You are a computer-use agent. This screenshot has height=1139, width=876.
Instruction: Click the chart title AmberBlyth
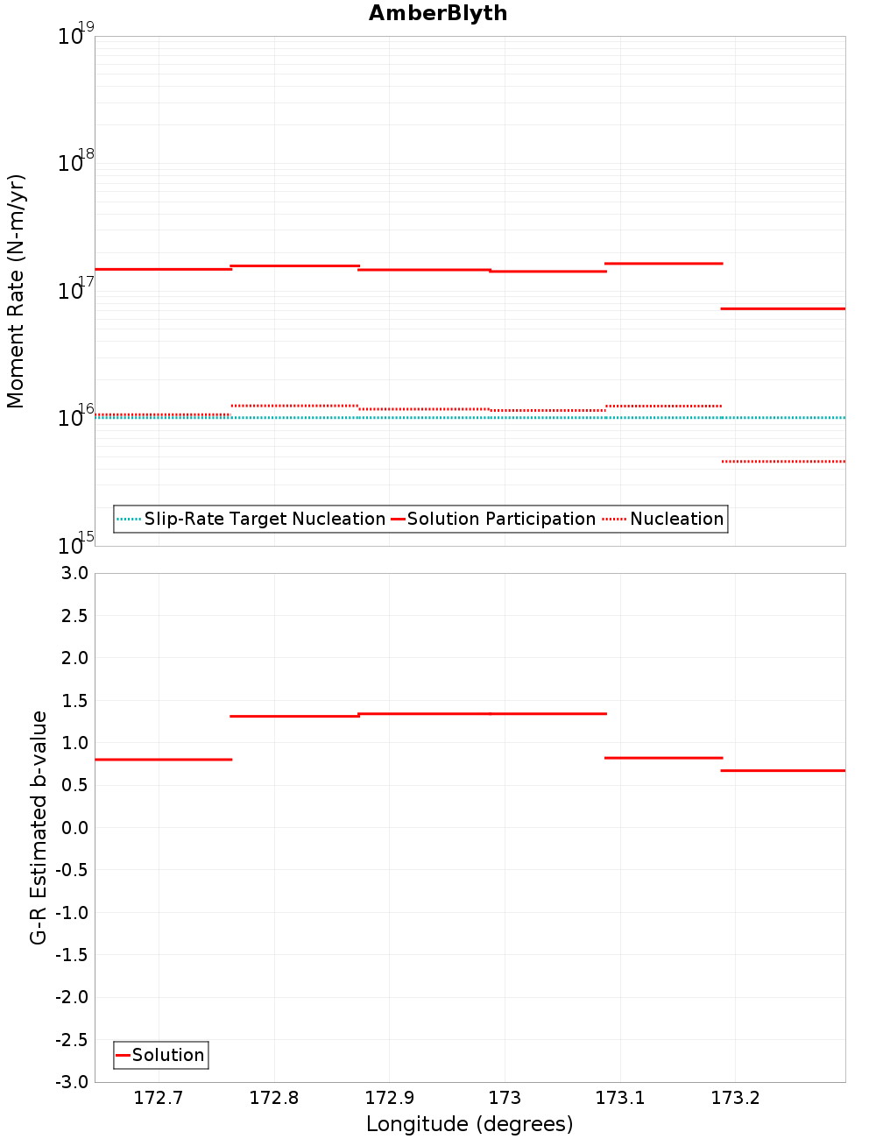point(437,13)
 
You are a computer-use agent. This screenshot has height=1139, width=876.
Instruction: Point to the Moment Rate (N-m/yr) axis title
point(16,291)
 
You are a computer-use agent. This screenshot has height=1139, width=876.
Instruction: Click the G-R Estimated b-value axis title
point(39,827)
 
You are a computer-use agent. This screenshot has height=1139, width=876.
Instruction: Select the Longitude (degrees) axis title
point(470,1124)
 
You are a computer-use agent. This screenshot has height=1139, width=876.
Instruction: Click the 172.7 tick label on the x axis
point(159,1098)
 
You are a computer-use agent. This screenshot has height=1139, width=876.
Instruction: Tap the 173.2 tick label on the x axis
point(735,1098)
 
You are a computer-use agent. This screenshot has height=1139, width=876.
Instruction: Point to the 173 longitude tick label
point(505,1098)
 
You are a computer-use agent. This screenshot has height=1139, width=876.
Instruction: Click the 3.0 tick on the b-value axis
point(74,573)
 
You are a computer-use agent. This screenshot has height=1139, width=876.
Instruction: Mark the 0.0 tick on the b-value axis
point(74,827)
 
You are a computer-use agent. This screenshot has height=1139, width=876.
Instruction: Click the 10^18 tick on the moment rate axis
point(71,163)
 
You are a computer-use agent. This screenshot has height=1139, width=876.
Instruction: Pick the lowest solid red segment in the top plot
point(782,308)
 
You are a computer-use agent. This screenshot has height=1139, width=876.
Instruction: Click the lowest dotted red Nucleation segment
point(782,461)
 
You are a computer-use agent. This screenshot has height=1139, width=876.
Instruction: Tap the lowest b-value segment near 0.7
point(782,770)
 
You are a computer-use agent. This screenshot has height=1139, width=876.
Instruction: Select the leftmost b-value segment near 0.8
point(163,759)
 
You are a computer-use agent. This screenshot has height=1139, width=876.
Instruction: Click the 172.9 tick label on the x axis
point(389,1098)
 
